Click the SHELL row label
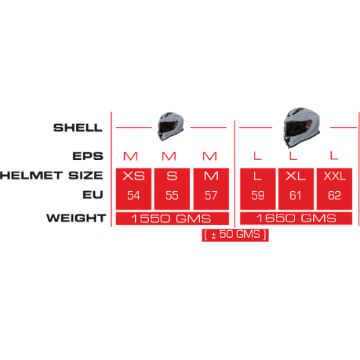click(x=78, y=128)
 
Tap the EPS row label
click(x=88, y=156)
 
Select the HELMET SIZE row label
click(x=52, y=175)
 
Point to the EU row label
click(x=93, y=194)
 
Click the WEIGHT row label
click(x=77, y=218)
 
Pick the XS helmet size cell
click(x=133, y=189)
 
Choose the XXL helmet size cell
click(x=334, y=189)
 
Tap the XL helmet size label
click(x=296, y=177)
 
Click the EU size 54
click(x=133, y=195)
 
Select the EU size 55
click(x=172, y=195)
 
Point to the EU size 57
click(x=211, y=195)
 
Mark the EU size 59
click(x=258, y=195)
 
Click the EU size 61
click(x=295, y=195)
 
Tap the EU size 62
click(x=334, y=195)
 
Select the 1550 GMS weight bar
click(x=172, y=218)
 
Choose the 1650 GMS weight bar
click(x=296, y=218)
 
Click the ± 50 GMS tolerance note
click(x=235, y=234)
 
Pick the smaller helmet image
click(x=171, y=126)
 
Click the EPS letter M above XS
click(x=130, y=157)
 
